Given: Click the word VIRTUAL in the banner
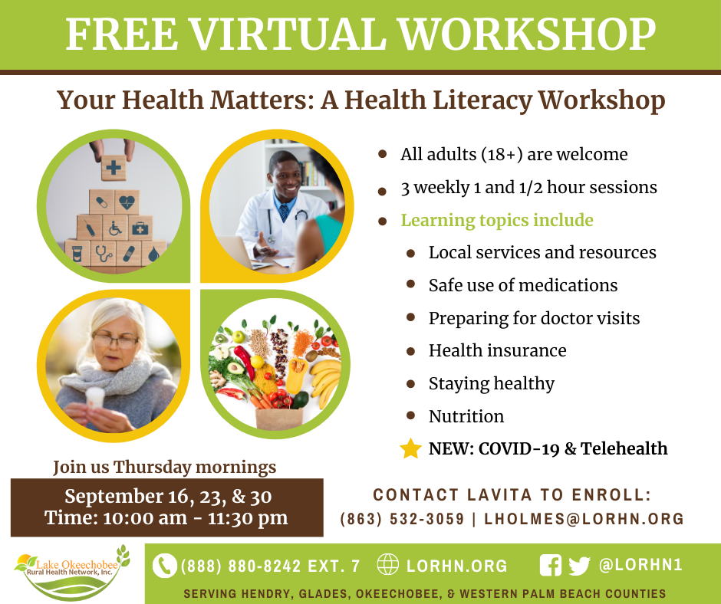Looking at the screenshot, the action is point(288,34).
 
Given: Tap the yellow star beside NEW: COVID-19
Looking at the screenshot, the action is point(410,448).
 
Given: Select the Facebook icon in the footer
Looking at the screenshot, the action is point(551,566).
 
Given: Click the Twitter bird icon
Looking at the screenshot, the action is point(579,566).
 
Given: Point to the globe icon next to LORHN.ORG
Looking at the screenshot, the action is point(387,564).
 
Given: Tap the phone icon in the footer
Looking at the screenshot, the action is point(164,566).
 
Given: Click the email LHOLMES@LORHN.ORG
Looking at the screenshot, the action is point(584,519).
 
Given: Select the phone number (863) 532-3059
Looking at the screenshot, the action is point(403,519).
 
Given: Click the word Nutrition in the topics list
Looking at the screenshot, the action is point(466,416).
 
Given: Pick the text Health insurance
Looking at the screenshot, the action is point(498,351).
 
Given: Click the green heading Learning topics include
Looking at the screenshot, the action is point(497,220).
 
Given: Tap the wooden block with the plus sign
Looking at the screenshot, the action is point(114,167).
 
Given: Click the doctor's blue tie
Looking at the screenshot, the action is point(284,213).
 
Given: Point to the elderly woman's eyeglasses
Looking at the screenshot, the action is point(115,340).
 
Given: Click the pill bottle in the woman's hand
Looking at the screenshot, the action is point(95,398).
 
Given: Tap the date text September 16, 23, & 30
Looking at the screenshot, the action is point(168,497).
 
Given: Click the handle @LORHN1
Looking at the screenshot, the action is point(640,565).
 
